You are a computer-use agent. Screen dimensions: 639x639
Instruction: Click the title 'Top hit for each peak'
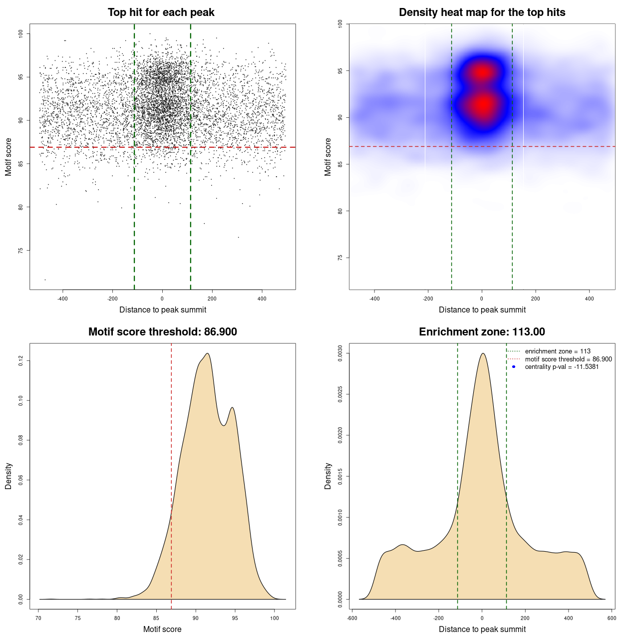point(161,12)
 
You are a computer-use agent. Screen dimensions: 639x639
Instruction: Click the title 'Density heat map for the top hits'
point(482,12)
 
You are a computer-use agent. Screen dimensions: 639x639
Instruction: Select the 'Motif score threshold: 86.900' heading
point(162,332)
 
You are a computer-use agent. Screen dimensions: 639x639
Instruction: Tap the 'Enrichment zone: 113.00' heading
point(482,332)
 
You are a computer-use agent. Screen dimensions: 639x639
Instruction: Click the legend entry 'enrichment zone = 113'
point(557,351)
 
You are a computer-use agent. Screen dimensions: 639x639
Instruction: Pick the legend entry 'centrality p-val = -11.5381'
point(562,367)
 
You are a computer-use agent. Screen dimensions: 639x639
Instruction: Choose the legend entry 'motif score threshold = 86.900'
point(568,359)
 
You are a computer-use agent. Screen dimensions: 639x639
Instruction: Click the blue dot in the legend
point(514,367)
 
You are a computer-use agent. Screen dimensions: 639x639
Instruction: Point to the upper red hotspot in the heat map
point(482,72)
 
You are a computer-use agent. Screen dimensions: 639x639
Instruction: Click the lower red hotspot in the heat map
point(483,105)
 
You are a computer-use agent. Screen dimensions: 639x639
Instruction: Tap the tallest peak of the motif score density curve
point(207,354)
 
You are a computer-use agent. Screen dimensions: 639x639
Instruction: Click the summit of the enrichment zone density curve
point(483,353)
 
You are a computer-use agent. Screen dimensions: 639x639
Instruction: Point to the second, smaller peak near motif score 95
point(232,408)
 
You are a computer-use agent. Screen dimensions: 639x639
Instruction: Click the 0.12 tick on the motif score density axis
point(21,360)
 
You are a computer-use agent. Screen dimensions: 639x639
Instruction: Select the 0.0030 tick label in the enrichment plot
point(340,353)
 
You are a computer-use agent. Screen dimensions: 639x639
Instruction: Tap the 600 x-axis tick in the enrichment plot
point(612,618)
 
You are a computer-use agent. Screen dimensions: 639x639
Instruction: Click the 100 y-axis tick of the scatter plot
point(21,33)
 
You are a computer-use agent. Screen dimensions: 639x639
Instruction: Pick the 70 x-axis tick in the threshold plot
point(39,618)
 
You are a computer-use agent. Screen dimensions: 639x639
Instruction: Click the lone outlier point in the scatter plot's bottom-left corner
point(45,280)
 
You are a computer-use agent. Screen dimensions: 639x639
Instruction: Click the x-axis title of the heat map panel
point(482,310)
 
